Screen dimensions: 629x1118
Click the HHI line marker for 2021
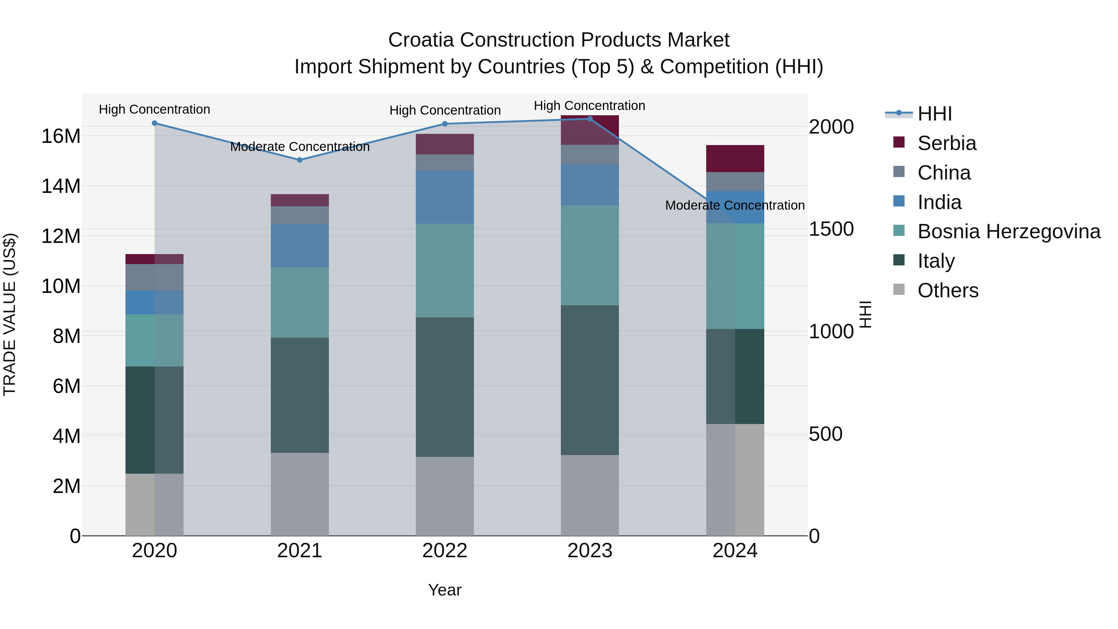point(299,160)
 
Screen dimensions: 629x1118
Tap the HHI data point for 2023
point(590,119)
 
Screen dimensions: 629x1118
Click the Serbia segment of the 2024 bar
point(735,158)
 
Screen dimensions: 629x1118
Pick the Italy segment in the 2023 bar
point(590,380)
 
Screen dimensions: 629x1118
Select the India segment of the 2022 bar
point(445,197)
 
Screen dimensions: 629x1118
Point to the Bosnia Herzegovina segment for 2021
point(299,302)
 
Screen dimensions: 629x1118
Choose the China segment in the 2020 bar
point(155,277)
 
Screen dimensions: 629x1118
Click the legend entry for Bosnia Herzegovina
point(1009,231)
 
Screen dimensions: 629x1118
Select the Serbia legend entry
point(947,143)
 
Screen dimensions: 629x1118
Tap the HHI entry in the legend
point(934,114)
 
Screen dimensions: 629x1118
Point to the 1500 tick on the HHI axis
point(831,229)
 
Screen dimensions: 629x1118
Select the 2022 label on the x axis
point(445,551)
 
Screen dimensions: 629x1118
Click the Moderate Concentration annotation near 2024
point(735,205)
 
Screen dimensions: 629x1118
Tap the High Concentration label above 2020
point(155,109)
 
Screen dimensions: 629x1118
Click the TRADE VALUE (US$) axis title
point(10,314)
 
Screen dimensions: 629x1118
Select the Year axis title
point(445,590)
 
